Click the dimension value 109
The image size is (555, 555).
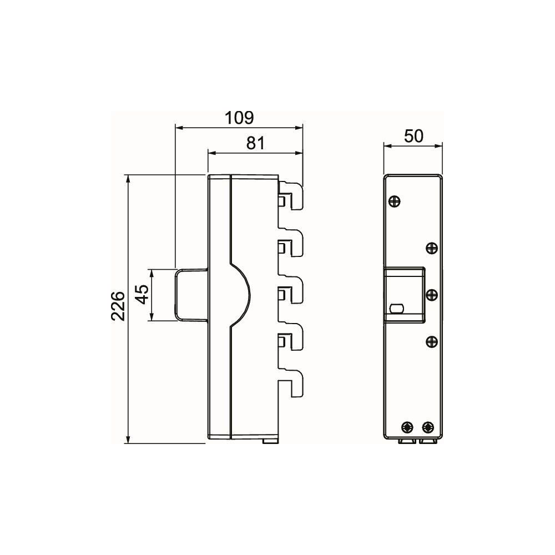pyautogui.click(x=240, y=118)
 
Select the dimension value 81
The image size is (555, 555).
pyautogui.click(x=255, y=143)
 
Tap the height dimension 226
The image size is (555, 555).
pyautogui.click(x=118, y=306)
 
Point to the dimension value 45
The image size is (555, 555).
pyautogui.click(x=143, y=295)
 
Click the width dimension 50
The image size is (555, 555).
pyautogui.click(x=413, y=136)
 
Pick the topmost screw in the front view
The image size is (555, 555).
pyautogui.click(x=394, y=202)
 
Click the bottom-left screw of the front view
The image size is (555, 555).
pyautogui.click(x=408, y=427)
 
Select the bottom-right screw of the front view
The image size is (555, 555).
pyautogui.click(x=428, y=427)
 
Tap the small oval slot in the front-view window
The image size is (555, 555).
pyautogui.click(x=396, y=308)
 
